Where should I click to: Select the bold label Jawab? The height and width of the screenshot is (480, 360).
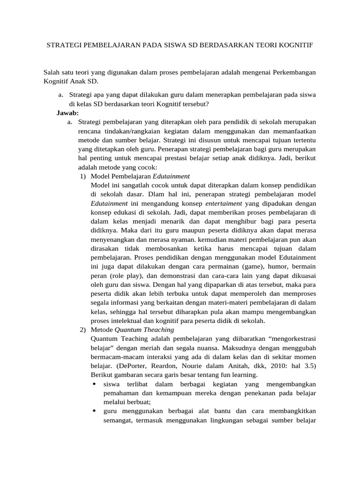pos(67,113)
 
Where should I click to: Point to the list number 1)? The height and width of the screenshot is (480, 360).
pos(83,176)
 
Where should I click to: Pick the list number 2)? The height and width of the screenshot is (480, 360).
pos(83,330)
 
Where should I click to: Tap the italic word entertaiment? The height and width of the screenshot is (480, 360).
pos(224,203)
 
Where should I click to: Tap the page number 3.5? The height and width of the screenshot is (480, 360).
pos(307,366)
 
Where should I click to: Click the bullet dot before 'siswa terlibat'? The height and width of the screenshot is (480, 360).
pos(94,384)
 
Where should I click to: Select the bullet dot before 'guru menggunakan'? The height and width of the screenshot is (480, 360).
pos(94,412)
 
